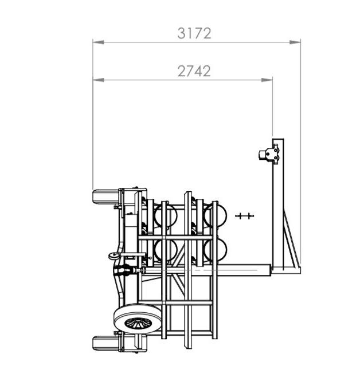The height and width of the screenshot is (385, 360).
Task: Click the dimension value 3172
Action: [194, 33]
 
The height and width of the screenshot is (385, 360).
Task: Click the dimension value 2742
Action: [194, 71]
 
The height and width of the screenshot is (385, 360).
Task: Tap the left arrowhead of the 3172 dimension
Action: [98, 42]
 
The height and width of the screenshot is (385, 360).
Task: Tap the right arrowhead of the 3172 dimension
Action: [295, 42]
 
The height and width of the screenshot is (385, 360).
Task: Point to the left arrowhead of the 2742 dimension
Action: [98, 80]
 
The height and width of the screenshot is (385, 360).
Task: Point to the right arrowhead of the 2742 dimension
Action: [267, 80]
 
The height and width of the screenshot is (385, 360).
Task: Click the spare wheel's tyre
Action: [138, 319]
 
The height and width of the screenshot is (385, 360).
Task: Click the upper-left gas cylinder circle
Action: [165, 215]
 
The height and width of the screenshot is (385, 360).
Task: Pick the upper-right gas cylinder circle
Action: [214, 215]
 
